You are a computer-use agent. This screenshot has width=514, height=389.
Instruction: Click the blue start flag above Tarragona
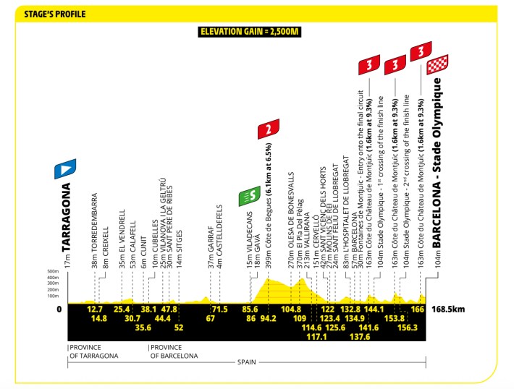(x=65, y=168)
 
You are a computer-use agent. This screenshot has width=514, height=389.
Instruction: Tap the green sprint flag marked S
(x=250, y=196)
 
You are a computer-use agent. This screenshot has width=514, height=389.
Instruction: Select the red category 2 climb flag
(x=269, y=129)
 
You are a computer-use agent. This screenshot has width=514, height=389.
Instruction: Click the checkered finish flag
(x=437, y=64)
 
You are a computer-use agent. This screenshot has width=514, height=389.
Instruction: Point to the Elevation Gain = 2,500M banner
(x=250, y=32)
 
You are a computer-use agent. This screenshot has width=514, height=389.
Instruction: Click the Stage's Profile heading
(x=55, y=14)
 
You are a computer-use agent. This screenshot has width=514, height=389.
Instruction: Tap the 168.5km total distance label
(x=448, y=309)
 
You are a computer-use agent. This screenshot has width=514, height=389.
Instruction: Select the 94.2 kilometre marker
(x=268, y=318)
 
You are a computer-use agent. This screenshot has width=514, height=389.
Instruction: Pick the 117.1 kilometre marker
(x=316, y=336)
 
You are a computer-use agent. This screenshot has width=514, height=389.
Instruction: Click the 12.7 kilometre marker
(x=95, y=309)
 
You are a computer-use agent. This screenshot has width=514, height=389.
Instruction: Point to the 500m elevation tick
(x=53, y=271)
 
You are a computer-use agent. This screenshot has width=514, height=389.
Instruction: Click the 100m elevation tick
(x=53, y=296)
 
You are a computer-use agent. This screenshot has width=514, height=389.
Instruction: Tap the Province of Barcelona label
(x=174, y=351)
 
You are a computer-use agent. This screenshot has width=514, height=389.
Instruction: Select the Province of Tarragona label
(x=94, y=351)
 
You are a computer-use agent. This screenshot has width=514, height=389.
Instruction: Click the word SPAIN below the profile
(x=247, y=362)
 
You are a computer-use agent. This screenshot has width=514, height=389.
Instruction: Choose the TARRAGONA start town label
(x=66, y=217)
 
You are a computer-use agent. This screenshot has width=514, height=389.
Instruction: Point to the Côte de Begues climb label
(x=269, y=206)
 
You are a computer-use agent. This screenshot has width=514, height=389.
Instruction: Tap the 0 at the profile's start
(x=59, y=309)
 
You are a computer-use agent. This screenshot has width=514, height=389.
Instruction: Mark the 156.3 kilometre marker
(x=408, y=328)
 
